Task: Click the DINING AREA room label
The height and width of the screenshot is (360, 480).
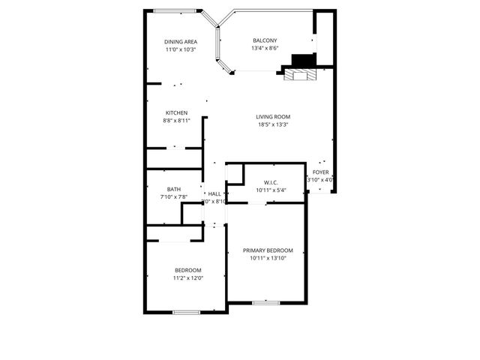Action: [x=181, y=41]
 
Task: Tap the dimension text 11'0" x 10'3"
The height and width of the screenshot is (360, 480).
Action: [x=181, y=49]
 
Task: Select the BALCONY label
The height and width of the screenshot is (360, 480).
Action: [x=265, y=40]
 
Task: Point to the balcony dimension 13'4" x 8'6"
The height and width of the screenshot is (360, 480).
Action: [x=265, y=49]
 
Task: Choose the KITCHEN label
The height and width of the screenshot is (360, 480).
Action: [x=176, y=112]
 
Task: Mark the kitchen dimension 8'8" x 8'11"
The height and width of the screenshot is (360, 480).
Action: [x=176, y=121]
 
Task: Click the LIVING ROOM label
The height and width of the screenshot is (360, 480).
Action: [x=273, y=117]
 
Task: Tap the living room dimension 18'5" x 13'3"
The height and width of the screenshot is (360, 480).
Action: [x=273, y=125]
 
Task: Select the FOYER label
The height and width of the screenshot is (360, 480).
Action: [x=321, y=172]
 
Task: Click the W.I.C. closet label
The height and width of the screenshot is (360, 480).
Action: [x=271, y=182]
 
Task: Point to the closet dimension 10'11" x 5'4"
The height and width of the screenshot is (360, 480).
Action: [x=271, y=190]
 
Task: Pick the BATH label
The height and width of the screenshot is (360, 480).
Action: [x=173, y=189]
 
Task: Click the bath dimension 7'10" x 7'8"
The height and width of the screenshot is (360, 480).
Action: [x=173, y=197]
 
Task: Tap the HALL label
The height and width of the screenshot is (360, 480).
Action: [x=214, y=193]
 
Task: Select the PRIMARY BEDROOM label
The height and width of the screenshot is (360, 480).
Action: [x=268, y=250]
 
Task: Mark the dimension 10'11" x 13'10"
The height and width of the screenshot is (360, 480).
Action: [x=268, y=259]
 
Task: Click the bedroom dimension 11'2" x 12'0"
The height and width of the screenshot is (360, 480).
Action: [x=187, y=278]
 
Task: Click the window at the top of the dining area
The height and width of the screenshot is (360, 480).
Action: [x=178, y=10]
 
